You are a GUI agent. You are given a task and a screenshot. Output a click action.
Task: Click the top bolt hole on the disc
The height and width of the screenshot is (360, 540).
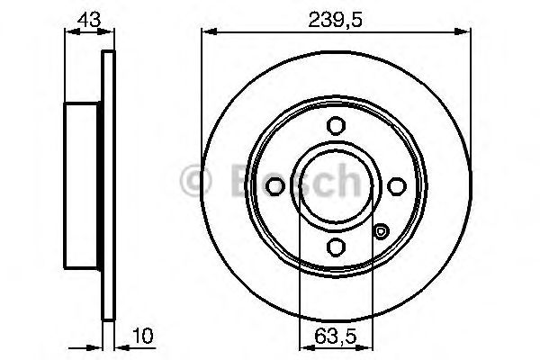pyautogui.click(x=335, y=126)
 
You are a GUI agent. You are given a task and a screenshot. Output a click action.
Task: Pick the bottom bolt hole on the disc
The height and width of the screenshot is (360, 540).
pyautogui.click(x=335, y=247)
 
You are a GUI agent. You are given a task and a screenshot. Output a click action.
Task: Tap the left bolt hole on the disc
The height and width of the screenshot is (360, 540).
pyautogui.click(x=274, y=186)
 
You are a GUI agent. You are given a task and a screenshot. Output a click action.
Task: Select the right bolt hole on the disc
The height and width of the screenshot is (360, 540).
pyautogui.click(x=395, y=186)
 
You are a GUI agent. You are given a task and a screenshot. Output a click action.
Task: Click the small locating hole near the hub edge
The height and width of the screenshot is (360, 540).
pyautogui.click(x=381, y=232)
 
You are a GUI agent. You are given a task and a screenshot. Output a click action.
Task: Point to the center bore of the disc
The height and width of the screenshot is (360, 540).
pyautogui.click(x=335, y=186)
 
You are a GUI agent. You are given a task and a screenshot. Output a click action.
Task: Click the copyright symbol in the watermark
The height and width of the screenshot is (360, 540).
pyautogui.click(x=194, y=183)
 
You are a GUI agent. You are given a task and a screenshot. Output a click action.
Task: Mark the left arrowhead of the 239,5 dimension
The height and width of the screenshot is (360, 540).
pyautogui.click(x=205, y=31)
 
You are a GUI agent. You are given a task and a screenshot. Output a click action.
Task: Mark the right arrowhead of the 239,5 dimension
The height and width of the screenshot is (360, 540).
pyautogui.click(x=466, y=31)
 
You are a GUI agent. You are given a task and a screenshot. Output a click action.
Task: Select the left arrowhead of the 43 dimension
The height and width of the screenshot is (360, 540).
pyautogui.click(x=69, y=31)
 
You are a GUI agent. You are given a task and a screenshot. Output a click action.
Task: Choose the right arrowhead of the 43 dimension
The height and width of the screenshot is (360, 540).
pyautogui.click(x=111, y=31)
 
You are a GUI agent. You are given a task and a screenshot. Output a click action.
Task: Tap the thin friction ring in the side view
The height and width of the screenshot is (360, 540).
pyautogui.click(x=110, y=186)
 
